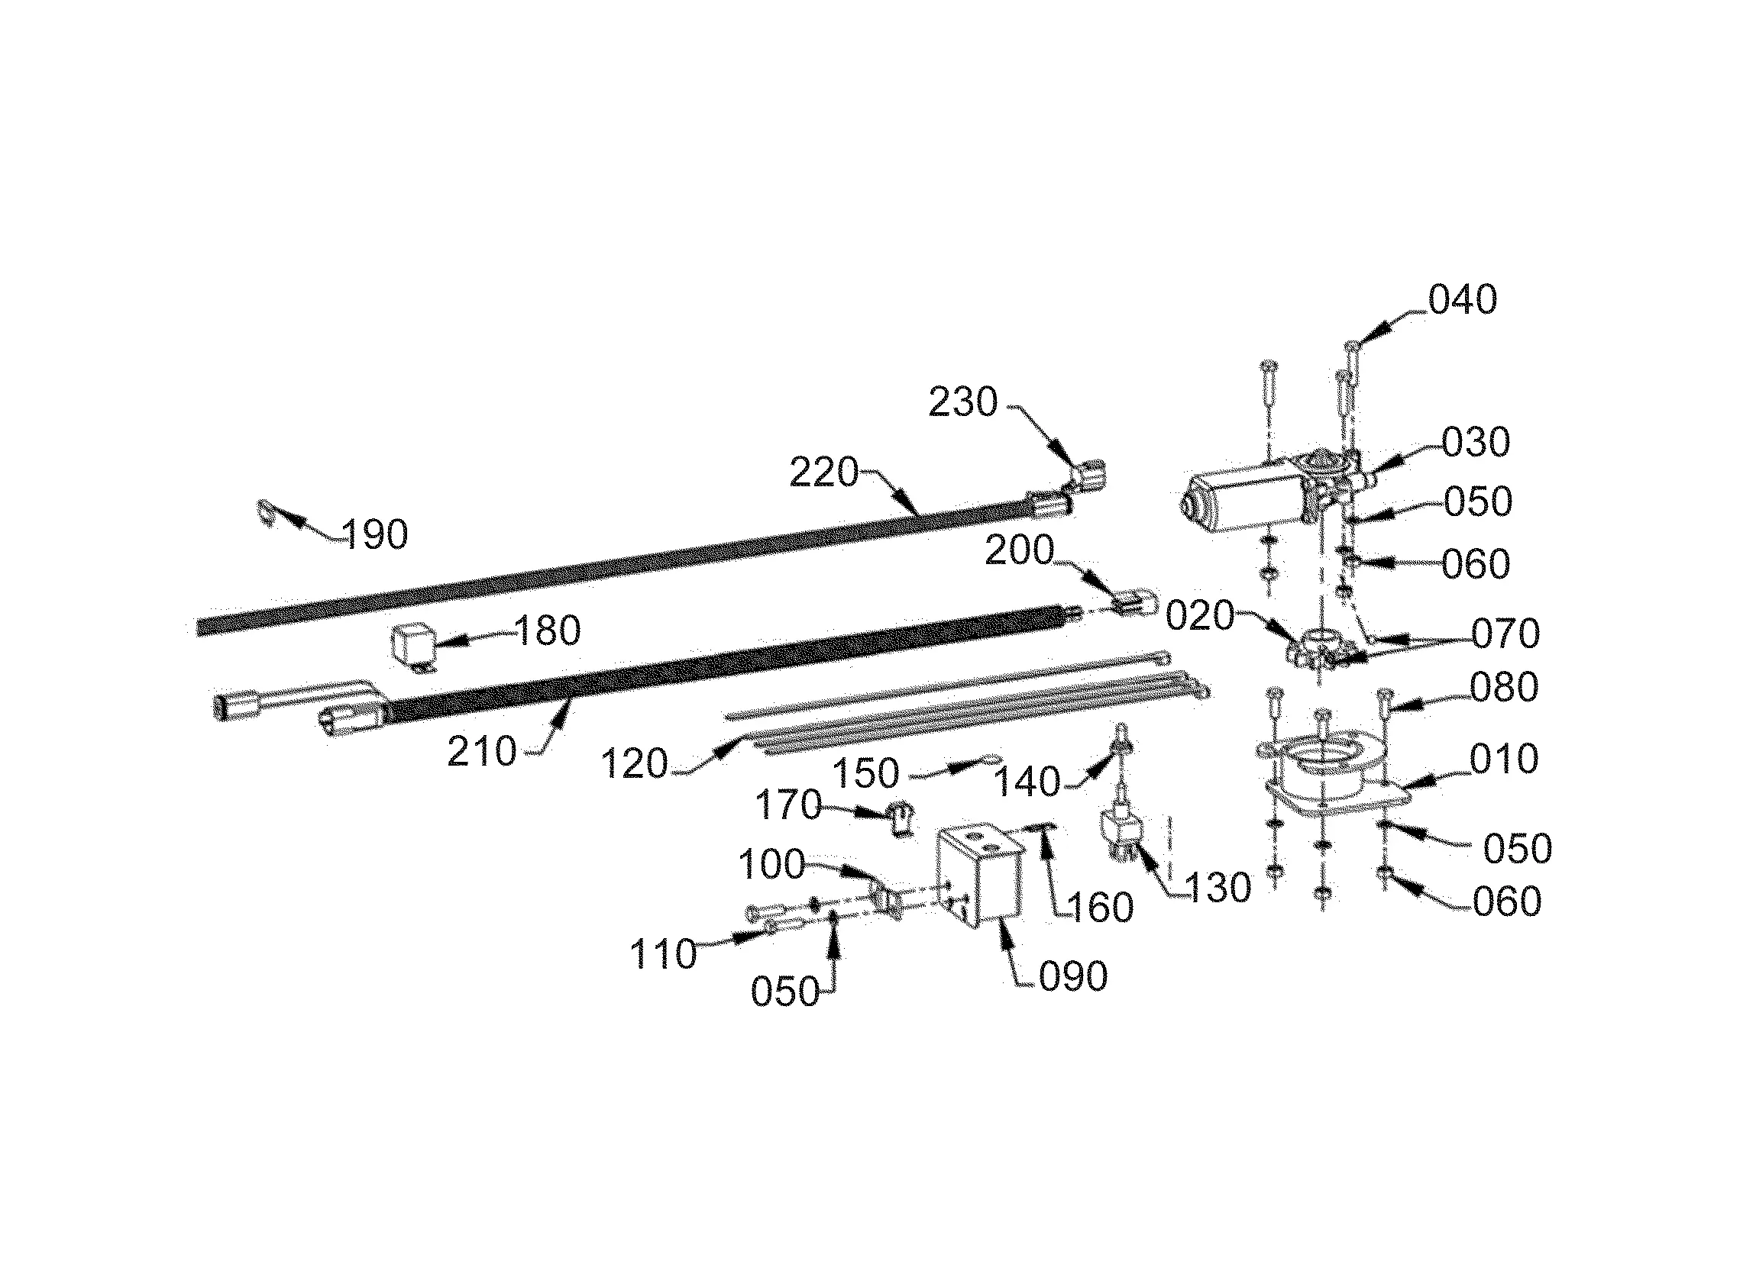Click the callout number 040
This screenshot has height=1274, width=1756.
1462,300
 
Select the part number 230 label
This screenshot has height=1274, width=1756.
963,402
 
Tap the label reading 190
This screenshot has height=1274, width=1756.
375,535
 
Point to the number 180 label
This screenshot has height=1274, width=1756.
548,631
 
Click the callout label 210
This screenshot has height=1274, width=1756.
482,752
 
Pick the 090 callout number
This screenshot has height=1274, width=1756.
1073,978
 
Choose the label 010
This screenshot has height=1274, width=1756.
1504,760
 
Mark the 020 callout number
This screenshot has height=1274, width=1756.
1199,617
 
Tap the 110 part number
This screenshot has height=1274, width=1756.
664,954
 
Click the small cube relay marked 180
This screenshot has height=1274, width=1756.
412,645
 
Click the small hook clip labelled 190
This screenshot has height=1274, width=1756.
266,511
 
